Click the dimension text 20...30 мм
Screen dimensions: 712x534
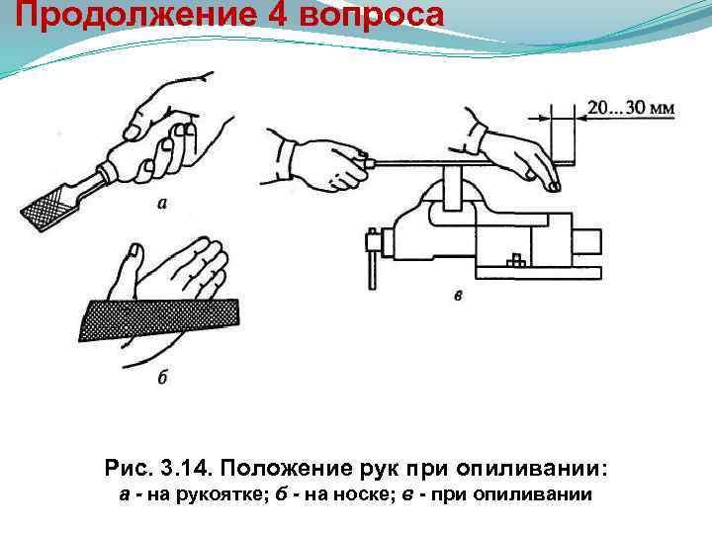click(x=631, y=108)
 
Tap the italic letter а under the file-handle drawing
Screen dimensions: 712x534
click(x=162, y=203)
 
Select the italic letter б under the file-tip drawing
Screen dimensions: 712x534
click(x=163, y=377)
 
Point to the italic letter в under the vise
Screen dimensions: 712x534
click(x=459, y=296)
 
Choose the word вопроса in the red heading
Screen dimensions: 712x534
click(x=372, y=17)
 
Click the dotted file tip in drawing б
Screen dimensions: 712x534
click(x=159, y=319)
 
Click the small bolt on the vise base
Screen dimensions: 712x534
click(x=516, y=261)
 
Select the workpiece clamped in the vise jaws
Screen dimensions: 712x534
click(x=452, y=188)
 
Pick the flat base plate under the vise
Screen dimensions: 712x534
click(x=539, y=273)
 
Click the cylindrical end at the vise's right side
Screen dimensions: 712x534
click(x=588, y=244)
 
